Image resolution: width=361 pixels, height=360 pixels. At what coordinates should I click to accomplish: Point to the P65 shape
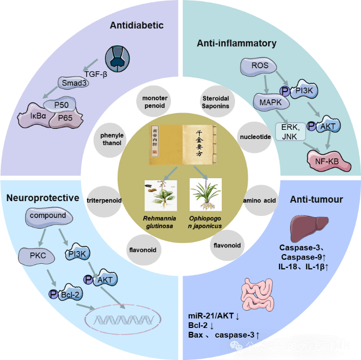coord(64,119)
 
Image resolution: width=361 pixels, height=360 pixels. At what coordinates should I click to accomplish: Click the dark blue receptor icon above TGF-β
coord(121,59)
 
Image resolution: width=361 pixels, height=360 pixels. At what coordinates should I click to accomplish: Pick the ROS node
coord(260,66)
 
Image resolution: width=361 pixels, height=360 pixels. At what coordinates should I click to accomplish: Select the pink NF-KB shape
coord(331,161)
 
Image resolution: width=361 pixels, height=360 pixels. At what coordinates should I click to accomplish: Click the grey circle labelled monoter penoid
coord(155,102)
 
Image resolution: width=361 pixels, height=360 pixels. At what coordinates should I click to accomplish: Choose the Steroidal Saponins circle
coord(213,102)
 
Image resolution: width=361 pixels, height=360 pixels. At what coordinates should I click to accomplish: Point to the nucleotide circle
coord(255,136)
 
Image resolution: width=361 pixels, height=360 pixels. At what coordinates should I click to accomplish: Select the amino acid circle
coord(260,201)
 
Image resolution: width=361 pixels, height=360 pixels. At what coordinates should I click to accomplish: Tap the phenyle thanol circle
coord(111,139)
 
